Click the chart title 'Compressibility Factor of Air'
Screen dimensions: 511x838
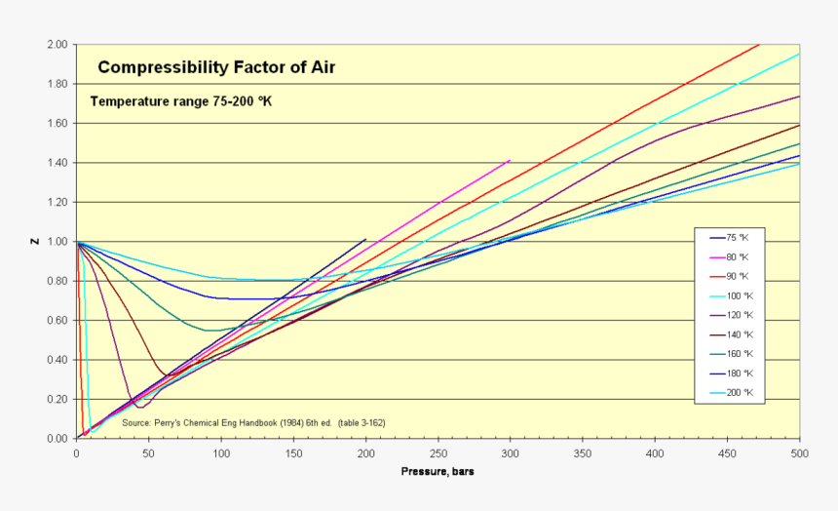(x=216, y=67)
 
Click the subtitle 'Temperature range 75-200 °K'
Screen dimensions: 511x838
(x=180, y=100)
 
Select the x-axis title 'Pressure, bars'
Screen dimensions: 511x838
(x=438, y=472)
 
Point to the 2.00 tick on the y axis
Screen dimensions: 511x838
(x=57, y=45)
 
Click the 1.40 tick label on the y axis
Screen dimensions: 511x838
(x=57, y=163)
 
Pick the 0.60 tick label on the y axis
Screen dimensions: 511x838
(x=57, y=321)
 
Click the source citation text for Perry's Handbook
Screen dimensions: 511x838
(x=253, y=423)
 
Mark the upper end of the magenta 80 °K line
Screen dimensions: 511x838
(x=510, y=160)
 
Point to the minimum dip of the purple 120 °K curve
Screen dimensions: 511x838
(x=140, y=407)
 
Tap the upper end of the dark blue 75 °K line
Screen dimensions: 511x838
(x=365, y=239)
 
